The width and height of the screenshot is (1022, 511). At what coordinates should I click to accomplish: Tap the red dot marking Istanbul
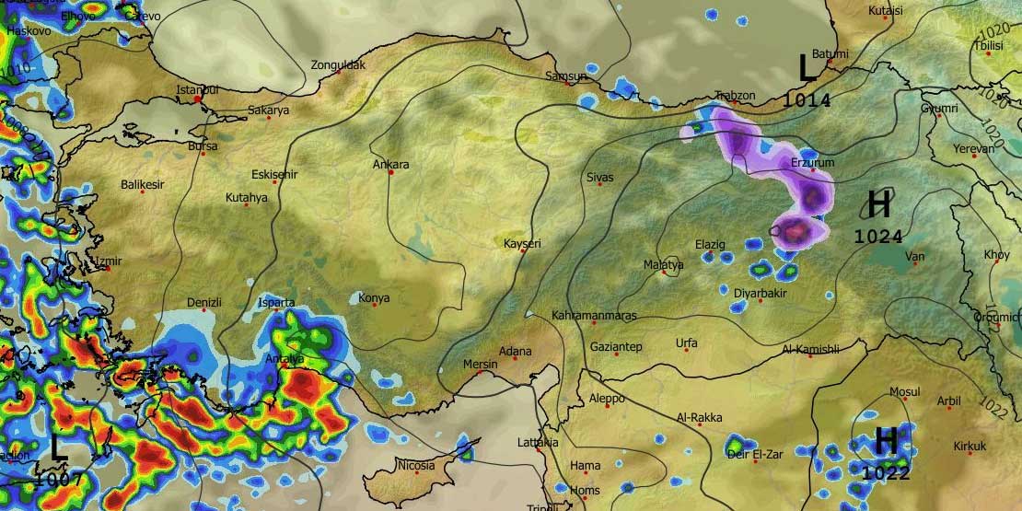(x=197, y=99)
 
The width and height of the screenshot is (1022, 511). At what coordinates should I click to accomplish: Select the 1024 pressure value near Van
(x=878, y=237)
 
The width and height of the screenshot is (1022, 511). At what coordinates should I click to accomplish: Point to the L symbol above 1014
(x=807, y=68)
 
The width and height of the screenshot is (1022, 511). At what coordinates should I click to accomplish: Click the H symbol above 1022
(x=885, y=441)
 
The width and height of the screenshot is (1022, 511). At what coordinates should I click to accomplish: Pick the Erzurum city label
(x=812, y=163)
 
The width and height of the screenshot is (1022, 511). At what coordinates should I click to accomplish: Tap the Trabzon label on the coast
(x=736, y=96)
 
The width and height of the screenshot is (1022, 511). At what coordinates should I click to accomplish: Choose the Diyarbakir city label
(x=760, y=293)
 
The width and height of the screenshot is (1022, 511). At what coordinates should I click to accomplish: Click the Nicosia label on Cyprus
(x=415, y=466)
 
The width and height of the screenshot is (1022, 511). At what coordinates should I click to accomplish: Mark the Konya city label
(x=373, y=298)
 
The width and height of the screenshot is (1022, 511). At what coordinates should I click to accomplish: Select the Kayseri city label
(x=522, y=244)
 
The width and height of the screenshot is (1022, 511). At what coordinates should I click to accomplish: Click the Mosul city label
(x=904, y=392)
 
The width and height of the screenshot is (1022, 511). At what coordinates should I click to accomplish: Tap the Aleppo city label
(x=606, y=399)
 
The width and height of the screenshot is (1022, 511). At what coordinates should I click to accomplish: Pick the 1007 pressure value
(x=60, y=479)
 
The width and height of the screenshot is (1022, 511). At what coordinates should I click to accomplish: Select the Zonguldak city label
(x=338, y=65)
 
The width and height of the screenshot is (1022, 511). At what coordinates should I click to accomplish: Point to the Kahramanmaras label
(x=594, y=316)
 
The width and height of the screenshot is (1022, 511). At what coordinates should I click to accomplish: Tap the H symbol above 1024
(x=879, y=203)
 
